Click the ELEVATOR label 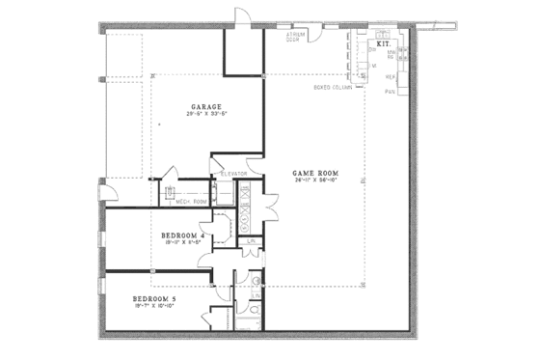235,174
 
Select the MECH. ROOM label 193,201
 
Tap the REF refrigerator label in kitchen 391,76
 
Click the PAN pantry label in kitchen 391,91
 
